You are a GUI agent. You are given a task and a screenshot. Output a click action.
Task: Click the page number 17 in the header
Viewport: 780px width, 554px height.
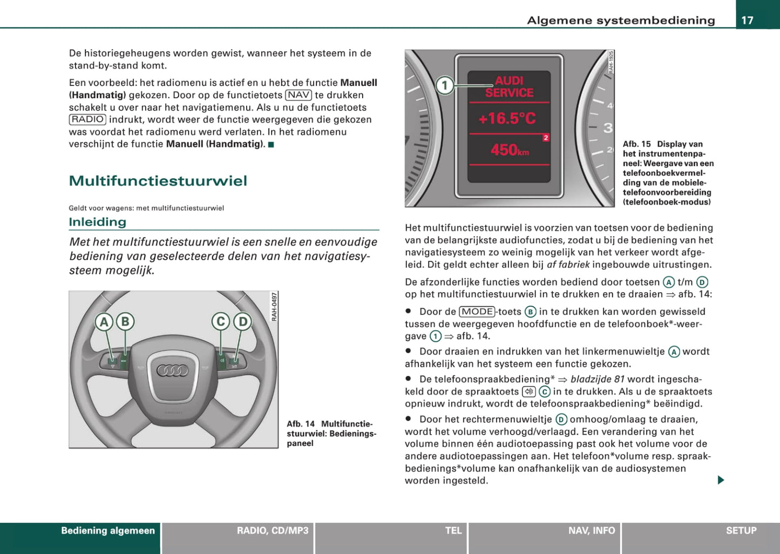[747, 21]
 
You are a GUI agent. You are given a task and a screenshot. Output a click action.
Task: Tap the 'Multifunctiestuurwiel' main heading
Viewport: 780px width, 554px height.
[158, 181]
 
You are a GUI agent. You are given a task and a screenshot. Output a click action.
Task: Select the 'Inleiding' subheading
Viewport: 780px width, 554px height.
[97, 222]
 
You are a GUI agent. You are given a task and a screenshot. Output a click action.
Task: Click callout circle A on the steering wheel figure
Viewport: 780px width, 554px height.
[104, 322]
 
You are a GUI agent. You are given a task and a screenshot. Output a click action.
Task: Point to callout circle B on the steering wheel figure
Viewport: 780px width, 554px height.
[125, 322]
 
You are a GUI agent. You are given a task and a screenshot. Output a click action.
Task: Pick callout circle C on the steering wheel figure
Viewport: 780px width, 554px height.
[220, 322]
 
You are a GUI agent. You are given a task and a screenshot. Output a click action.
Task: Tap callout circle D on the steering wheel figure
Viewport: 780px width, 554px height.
[242, 322]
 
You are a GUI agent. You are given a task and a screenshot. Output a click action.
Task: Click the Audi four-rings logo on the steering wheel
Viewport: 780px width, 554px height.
[172, 370]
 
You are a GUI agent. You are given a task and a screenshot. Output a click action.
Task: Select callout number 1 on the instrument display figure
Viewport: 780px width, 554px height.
[445, 85]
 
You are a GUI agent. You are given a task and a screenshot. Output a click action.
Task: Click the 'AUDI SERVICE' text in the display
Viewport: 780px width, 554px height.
[508, 87]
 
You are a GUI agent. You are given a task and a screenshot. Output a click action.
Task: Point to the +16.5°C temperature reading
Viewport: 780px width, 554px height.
[507, 118]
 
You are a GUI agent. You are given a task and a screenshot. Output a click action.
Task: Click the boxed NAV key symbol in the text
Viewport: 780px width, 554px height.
[299, 95]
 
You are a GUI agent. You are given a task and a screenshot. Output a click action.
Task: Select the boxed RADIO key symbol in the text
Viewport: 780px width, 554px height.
[87, 119]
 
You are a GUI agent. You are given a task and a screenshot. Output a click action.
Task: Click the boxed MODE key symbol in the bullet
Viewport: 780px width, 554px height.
[477, 312]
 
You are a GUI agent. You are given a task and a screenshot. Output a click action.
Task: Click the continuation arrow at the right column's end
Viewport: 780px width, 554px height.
[721, 480]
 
